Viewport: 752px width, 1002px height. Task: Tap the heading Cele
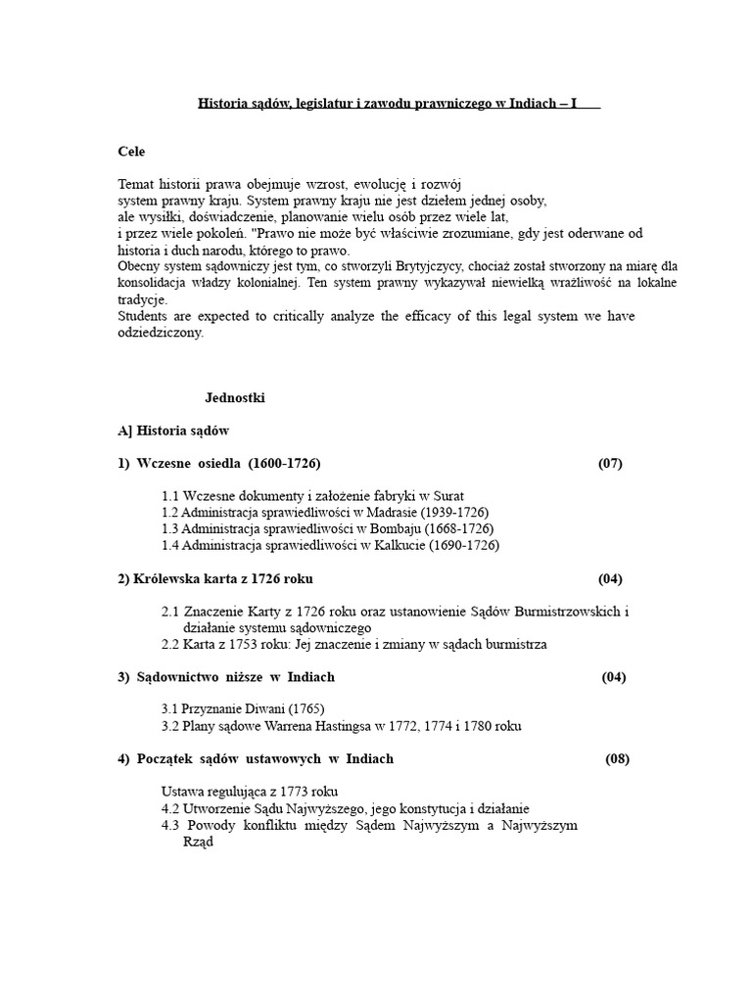(131, 152)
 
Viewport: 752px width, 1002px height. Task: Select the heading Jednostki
(235, 398)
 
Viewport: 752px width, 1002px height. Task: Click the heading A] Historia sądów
(173, 431)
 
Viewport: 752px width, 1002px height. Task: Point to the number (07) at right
(610, 463)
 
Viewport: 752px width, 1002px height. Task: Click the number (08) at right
(618, 758)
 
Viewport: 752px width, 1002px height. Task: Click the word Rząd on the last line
(199, 842)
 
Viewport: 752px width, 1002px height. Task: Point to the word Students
(144, 315)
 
